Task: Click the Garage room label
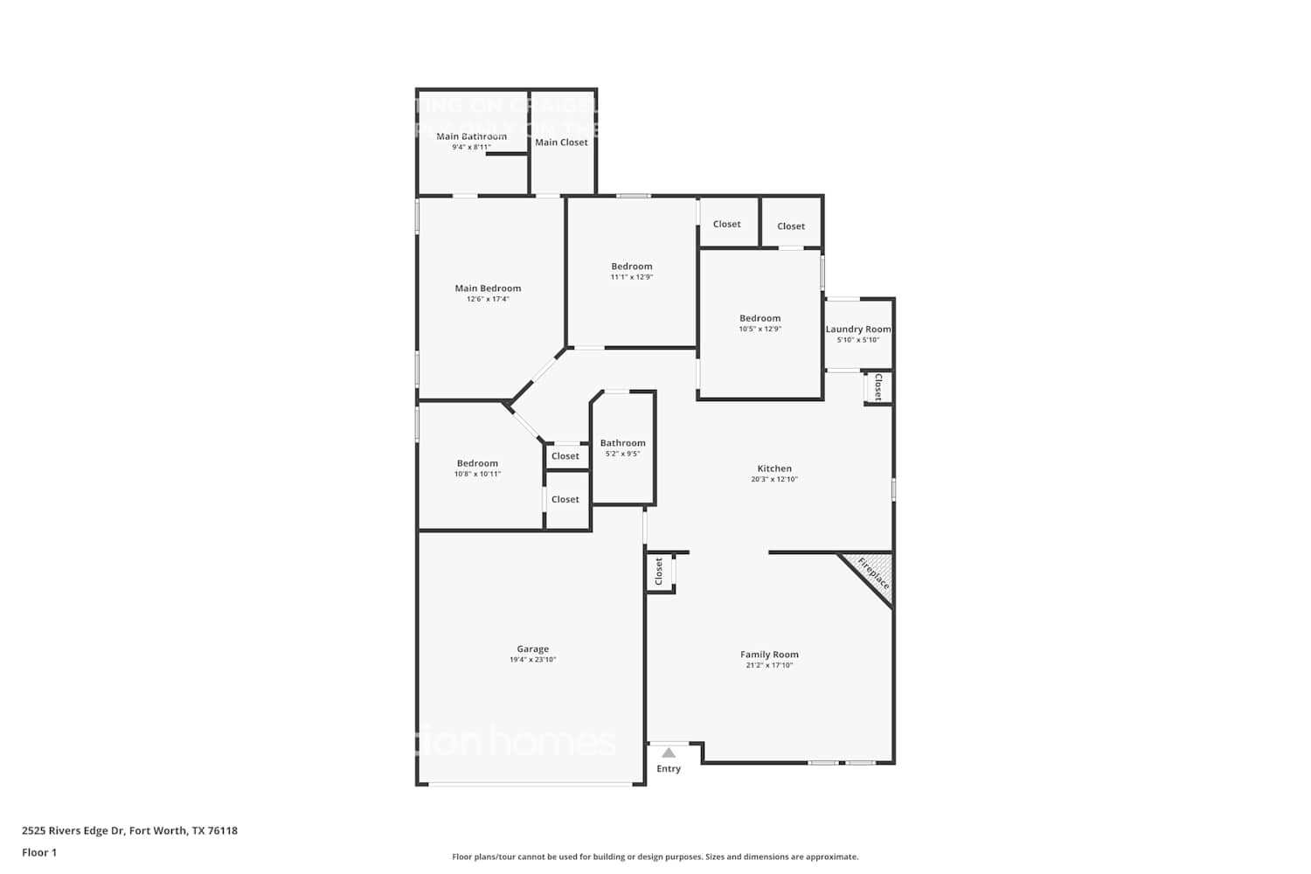click(x=532, y=649)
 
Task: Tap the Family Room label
click(x=769, y=655)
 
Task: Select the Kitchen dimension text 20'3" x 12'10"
click(x=774, y=479)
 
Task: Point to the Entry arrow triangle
click(x=669, y=753)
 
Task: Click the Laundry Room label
click(x=858, y=329)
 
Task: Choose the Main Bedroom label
click(x=488, y=288)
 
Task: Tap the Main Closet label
click(x=561, y=142)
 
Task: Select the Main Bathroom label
click(x=471, y=136)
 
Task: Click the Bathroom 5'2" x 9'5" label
click(x=623, y=443)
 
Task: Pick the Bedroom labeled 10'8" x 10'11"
click(x=477, y=464)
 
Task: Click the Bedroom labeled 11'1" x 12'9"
click(x=631, y=267)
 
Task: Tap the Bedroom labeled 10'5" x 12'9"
click(x=760, y=319)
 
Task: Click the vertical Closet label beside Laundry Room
click(x=878, y=387)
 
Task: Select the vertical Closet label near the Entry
click(x=659, y=572)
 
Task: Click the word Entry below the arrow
click(x=669, y=769)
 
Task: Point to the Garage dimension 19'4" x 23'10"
click(x=532, y=660)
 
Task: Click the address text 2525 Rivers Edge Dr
click(x=129, y=831)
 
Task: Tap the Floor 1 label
click(x=39, y=852)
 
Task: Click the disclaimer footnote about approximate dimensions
click(x=655, y=857)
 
